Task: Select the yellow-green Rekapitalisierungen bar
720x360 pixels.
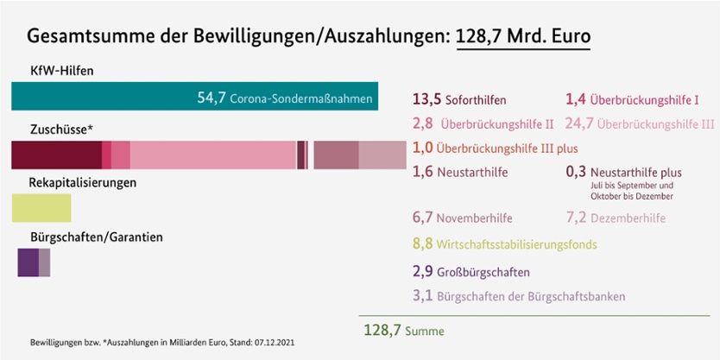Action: point(41,208)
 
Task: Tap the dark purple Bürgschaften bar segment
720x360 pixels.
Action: point(28,262)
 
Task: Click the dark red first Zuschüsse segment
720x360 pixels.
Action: point(56,155)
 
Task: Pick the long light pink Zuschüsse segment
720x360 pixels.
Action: point(212,155)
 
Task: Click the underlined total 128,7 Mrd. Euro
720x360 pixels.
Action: point(523,37)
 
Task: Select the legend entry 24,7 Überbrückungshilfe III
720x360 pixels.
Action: point(639,123)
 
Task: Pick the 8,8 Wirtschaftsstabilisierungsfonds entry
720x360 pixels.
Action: point(504,244)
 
